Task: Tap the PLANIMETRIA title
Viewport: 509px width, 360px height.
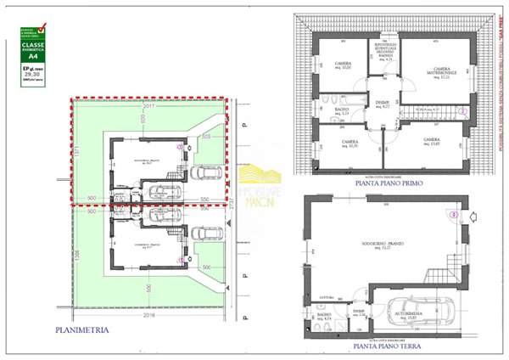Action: point(81,329)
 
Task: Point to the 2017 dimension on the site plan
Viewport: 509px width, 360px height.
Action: point(149,107)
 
